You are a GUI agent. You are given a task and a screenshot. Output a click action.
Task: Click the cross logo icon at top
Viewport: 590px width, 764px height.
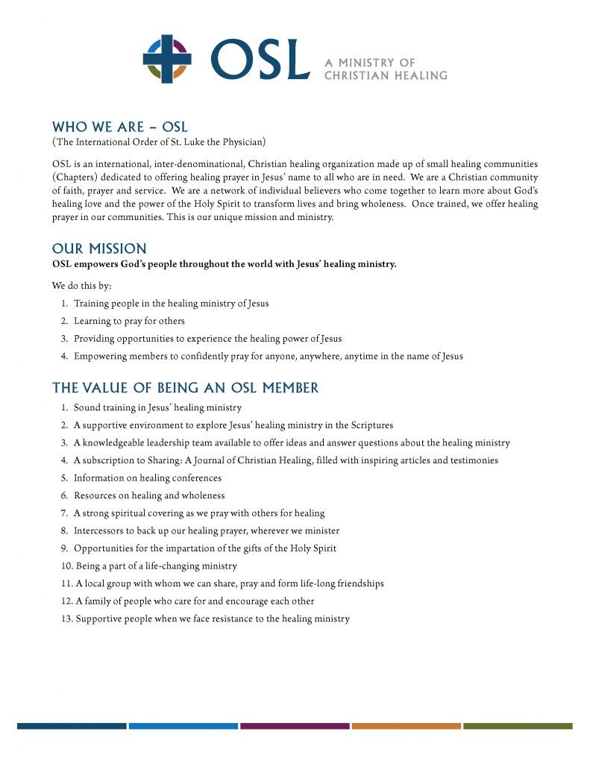[x=167, y=59]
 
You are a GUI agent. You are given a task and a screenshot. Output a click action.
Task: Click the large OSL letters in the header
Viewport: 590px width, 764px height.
[x=260, y=60]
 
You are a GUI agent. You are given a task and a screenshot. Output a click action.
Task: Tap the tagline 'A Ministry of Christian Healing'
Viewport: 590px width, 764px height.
[x=385, y=69]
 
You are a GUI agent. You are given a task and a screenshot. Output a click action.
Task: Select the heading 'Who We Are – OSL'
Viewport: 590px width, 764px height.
[x=119, y=127]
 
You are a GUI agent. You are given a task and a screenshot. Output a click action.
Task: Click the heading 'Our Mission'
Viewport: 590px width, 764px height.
[x=99, y=248]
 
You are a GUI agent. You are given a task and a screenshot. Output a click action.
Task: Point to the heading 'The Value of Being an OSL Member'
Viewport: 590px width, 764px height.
[x=185, y=388]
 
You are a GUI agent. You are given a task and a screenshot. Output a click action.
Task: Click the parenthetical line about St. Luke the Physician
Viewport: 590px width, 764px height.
[x=159, y=142]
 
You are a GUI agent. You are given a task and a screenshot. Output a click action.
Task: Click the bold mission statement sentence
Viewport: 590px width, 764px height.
[x=224, y=264]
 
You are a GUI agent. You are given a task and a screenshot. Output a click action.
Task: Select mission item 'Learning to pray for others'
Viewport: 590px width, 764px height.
[x=128, y=321]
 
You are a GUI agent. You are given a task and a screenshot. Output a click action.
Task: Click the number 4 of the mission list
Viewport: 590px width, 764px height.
[x=65, y=356]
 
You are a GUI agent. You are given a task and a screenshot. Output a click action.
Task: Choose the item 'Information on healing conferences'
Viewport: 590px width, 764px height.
[x=147, y=477]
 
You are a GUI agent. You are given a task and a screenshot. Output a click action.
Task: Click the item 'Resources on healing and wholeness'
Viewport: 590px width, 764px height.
[x=148, y=495]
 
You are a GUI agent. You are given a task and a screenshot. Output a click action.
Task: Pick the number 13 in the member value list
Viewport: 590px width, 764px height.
[x=67, y=619]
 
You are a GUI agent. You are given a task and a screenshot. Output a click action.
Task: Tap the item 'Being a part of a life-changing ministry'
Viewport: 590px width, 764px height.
[x=156, y=566]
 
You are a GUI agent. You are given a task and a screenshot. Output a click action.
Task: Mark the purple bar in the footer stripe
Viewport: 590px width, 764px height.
[x=295, y=725]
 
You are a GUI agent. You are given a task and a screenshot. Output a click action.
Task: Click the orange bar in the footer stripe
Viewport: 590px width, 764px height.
[x=406, y=725]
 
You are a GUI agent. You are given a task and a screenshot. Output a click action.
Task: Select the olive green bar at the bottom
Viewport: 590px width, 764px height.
[x=517, y=725]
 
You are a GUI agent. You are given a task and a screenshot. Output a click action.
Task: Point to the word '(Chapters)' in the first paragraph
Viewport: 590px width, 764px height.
[x=75, y=178]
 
